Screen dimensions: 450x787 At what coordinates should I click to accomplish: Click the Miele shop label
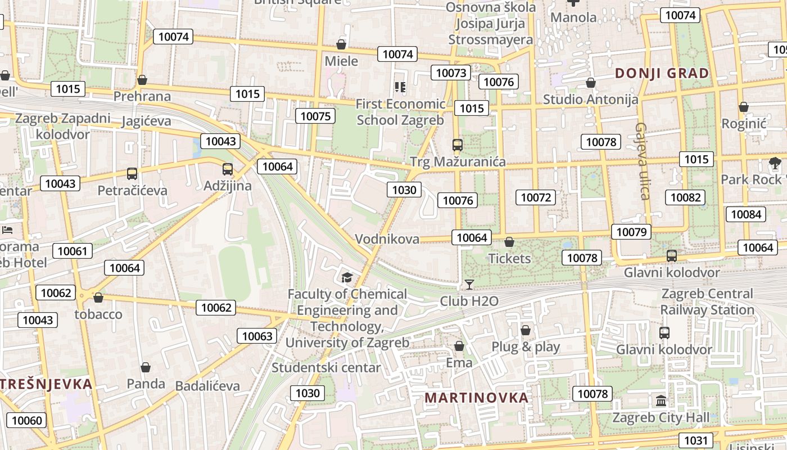pyautogui.click(x=341, y=61)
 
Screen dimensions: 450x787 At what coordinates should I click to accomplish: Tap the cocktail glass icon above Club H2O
pyautogui.click(x=469, y=284)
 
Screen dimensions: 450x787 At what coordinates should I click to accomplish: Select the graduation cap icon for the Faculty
pyautogui.click(x=347, y=277)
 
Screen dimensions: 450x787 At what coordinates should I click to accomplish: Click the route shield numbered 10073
pyautogui.click(x=451, y=73)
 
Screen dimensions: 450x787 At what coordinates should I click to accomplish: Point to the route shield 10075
pyautogui.click(x=315, y=116)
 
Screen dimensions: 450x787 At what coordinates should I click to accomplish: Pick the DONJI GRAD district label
pyautogui.click(x=662, y=73)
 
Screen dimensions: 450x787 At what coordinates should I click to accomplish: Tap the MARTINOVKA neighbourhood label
pyautogui.click(x=476, y=398)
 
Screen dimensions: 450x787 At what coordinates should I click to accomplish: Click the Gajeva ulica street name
pyautogui.click(x=643, y=161)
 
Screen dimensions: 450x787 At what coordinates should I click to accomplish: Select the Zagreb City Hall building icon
pyautogui.click(x=661, y=401)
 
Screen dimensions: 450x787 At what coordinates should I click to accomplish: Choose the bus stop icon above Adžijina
pyautogui.click(x=228, y=169)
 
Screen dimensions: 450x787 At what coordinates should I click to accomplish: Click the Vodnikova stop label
pyautogui.click(x=387, y=239)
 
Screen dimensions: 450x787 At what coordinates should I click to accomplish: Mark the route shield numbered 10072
pyautogui.click(x=536, y=197)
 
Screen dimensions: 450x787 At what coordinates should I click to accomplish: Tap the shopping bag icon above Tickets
pyautogui.click(x=509, y=242)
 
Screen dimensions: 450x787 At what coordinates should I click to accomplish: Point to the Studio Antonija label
pyautogui.click(x=590, y=100)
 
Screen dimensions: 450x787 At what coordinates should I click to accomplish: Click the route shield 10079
pyautogui.click(x=631, y=232)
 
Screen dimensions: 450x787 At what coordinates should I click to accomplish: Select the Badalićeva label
pyautogui.click(x=207, y=386)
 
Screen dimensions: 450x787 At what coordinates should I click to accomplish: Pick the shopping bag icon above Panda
pyautogui.click(x=146, y=368)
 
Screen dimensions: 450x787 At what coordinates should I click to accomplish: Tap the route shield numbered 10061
pyautogui.click(x=73, y=251)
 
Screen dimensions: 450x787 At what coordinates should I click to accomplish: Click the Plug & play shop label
pyautogui.click(x=526, y=346)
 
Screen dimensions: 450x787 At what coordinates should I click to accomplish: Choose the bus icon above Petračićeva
pyautogui.click(x=132, y=174)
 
